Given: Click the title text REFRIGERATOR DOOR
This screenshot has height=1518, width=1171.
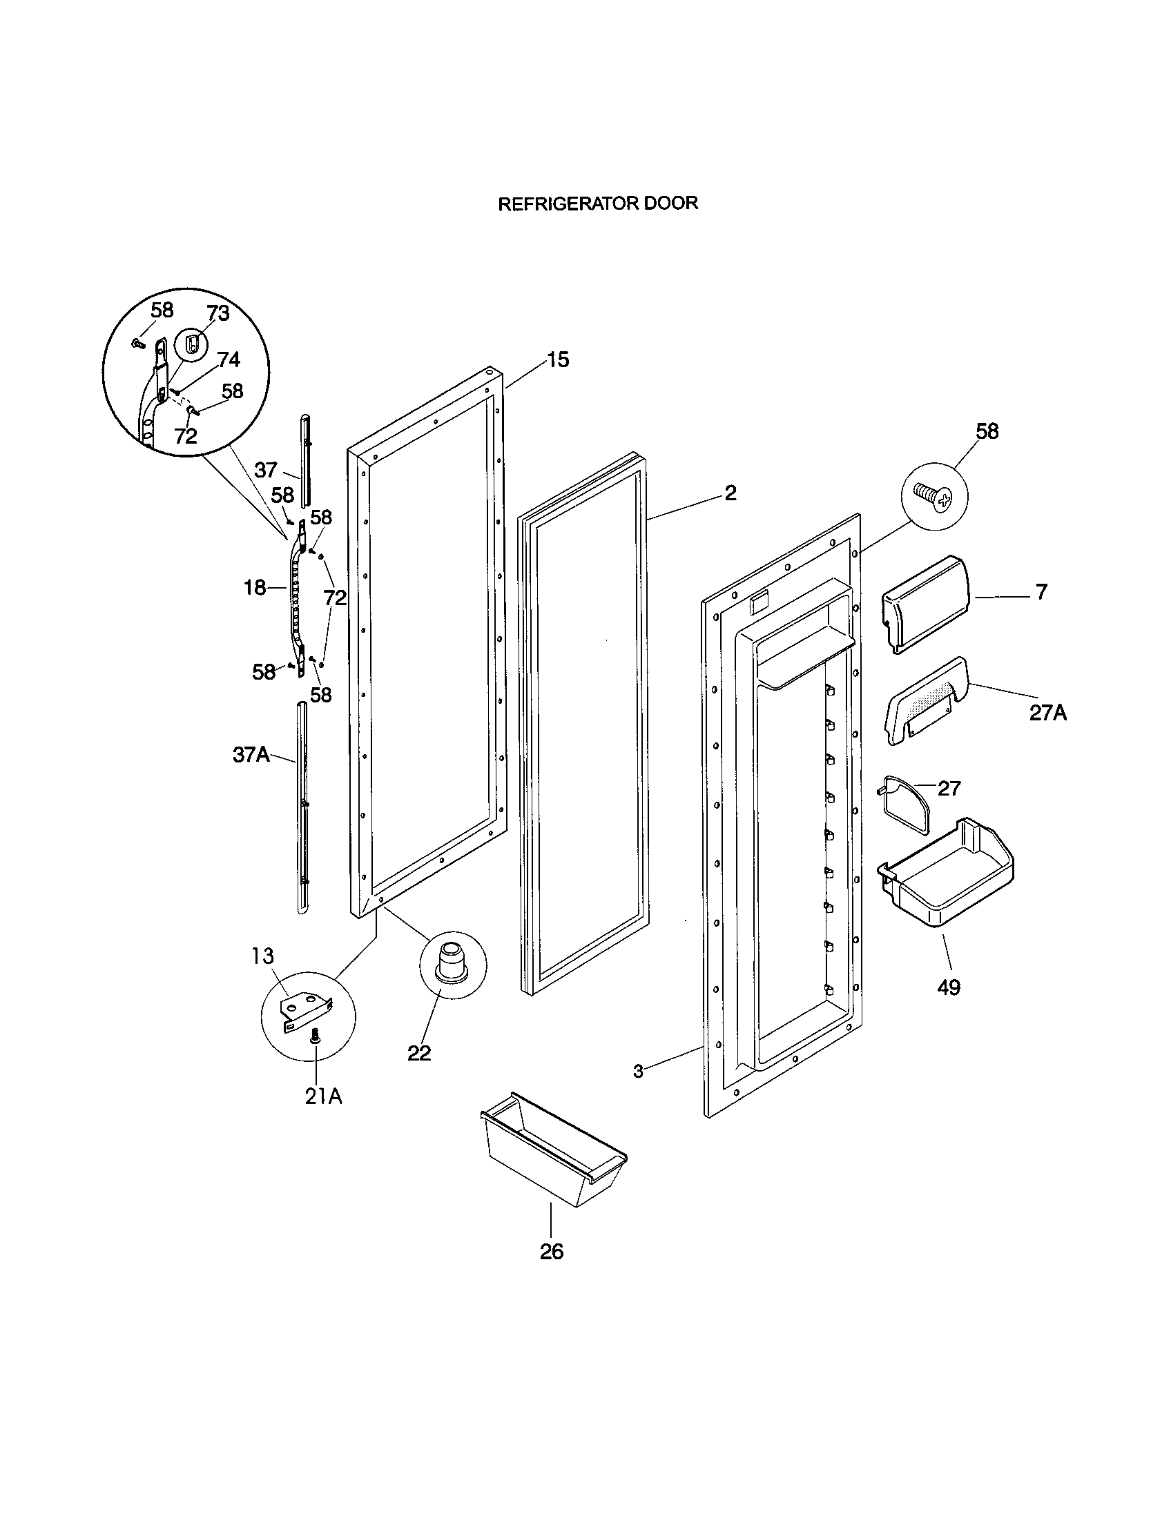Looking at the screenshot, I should tap(598, 203).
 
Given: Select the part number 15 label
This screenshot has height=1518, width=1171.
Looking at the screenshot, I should tap(558, 359).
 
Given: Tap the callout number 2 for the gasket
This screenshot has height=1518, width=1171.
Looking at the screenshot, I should tap(730, 493).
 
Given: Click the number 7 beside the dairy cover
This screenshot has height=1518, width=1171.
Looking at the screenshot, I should tap(1041, 592).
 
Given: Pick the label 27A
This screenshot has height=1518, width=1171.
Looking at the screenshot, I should tap(1048, 713).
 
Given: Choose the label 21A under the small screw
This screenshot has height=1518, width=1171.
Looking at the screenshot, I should tap(323, 1096).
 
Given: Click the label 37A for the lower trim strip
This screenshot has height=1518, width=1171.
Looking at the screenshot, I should tap(251, 755).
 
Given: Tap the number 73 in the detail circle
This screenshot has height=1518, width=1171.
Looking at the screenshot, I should tap(217, 313).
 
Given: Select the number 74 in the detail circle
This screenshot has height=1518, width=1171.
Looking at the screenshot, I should tap(229, 359).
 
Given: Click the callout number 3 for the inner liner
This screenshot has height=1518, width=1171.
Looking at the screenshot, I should tap(638, 1071).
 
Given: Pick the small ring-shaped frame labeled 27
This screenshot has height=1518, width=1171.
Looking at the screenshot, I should tap(904, 806).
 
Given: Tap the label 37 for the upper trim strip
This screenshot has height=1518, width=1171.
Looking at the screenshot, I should tap(266, 470).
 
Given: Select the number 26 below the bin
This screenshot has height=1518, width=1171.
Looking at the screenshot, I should tap(552, 1252).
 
